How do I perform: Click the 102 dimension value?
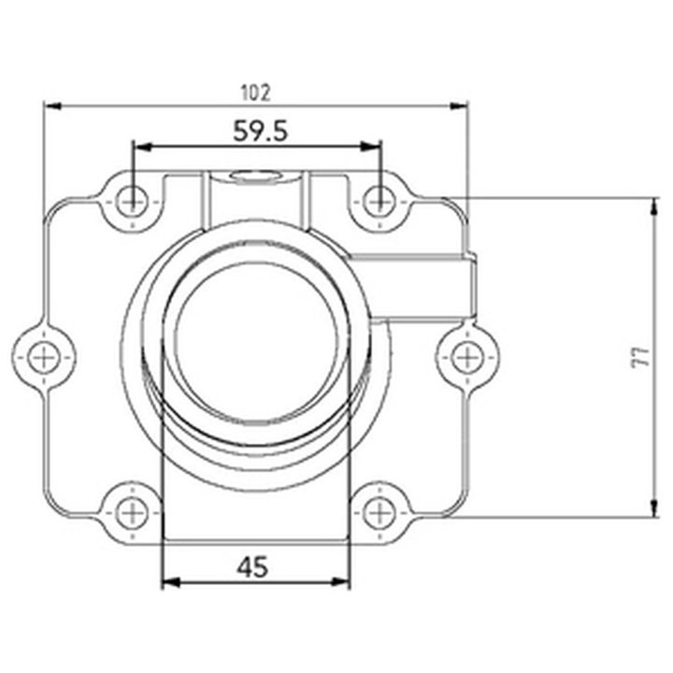pos(256,93)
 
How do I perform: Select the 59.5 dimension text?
pos(260,131)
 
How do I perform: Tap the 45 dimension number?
pos(252,566)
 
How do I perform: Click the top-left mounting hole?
pos(132,201)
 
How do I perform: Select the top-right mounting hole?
pos(379,201)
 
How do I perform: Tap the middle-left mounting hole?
pos(44,357)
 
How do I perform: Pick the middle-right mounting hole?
pos(467,357)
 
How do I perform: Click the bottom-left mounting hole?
pos(132,513)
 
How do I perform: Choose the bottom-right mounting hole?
pos(379,513)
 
